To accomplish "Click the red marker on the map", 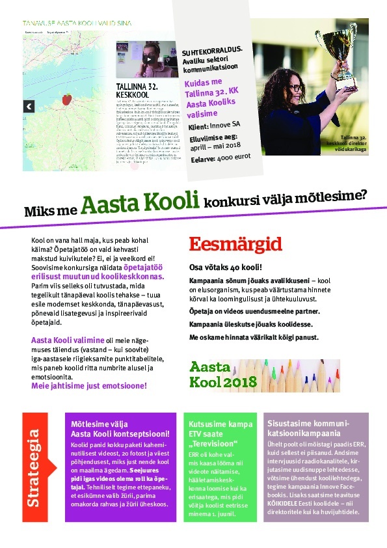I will (66, 99).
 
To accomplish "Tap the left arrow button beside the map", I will (29, 106).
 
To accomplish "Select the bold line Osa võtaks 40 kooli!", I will (225, 267).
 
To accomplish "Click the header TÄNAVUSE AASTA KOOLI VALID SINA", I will (78, 22).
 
